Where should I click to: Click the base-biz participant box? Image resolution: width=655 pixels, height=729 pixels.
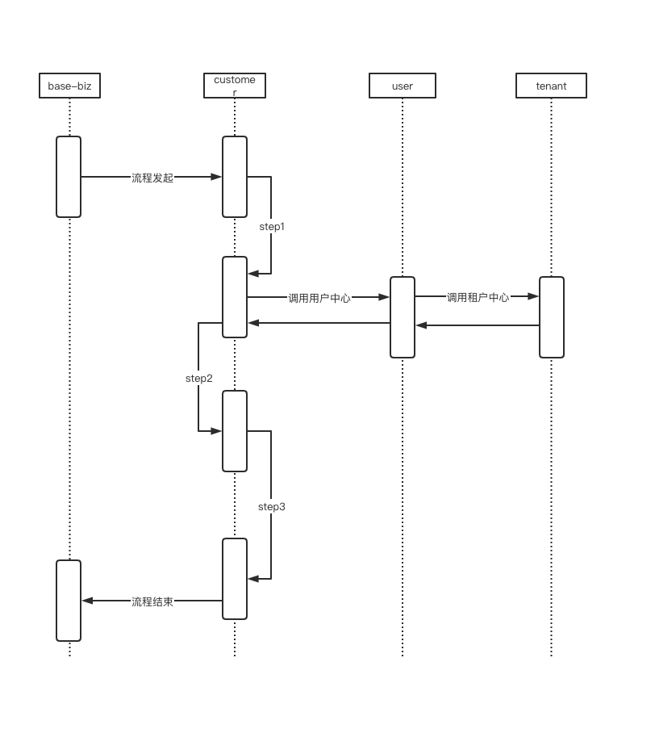[69, 86]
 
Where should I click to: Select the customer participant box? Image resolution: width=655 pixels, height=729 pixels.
[235, 86]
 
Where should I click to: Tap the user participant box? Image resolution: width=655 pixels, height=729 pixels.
[403, 86]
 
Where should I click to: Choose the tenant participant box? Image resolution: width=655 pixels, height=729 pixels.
[551, 86]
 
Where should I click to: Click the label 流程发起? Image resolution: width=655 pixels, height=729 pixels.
[152, 178]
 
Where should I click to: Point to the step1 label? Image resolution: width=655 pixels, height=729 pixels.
[272, 227]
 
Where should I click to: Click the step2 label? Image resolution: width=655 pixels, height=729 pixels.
[199, 378]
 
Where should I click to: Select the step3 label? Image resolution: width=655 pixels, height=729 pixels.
[272, 507]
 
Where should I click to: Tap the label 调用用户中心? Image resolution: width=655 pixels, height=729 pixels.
[319, 298]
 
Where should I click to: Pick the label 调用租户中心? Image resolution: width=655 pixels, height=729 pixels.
[478, 297]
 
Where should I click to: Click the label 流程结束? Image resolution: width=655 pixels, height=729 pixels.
[152, 601]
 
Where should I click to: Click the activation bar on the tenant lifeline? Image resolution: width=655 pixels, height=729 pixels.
[552, 317]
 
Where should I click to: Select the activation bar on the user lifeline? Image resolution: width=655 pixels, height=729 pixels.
[403, 317]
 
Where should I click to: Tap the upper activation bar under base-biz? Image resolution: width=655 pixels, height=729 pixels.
[69, 177]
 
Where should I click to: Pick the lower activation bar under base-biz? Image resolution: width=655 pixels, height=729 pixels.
[69, 601]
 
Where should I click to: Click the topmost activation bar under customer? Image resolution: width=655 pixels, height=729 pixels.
[235, 177]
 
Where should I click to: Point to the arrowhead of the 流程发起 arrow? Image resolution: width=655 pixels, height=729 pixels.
[217, 177]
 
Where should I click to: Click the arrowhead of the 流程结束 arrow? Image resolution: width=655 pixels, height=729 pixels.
[87, 601]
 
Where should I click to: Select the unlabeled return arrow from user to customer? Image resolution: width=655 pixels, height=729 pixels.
[319, 323]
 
